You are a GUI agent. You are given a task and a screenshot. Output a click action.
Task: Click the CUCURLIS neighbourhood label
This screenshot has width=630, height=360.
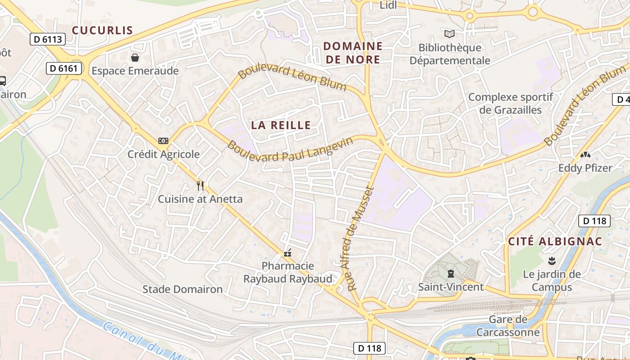click(103, 31)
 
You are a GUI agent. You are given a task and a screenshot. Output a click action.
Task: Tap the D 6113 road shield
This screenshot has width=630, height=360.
click(48, 39)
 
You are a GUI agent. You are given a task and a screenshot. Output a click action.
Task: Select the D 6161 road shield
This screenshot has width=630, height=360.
click(64, 68)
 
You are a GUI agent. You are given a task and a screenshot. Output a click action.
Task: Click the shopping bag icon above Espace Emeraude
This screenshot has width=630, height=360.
click(135, 58)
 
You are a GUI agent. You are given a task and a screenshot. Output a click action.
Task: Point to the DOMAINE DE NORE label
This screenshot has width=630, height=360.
click(353, 53)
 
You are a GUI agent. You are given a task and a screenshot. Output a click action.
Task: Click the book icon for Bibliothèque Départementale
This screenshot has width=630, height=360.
click(449, 34)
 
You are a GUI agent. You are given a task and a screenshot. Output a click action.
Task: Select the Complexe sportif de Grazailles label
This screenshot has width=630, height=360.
click(510, 103)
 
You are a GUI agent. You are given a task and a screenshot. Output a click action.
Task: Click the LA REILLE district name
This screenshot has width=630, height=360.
click(281, 126)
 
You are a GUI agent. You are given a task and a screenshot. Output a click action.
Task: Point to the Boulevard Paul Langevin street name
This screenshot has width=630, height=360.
click(290, 151)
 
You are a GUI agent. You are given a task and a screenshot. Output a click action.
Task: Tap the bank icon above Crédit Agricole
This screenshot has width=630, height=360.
click(163, 141)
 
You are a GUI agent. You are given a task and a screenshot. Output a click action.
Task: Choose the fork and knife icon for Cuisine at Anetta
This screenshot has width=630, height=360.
click(200, 185)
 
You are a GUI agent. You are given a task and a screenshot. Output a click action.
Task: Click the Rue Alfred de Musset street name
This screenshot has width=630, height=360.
click(361, 238)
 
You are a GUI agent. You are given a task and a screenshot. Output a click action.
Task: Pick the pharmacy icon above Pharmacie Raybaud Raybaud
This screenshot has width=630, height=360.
click(288, 253)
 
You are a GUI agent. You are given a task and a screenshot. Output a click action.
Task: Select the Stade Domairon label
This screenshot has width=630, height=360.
click(182, 289)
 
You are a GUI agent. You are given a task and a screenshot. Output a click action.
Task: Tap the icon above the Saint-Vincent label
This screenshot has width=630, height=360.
click(450, 273)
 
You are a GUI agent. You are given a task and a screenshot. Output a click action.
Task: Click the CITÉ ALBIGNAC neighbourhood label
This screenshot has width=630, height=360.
click(555, 241)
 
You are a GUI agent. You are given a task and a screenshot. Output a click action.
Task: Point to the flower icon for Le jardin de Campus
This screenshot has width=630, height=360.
click(551, 261)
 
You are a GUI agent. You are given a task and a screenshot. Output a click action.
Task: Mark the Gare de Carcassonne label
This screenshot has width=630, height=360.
click(508, 326)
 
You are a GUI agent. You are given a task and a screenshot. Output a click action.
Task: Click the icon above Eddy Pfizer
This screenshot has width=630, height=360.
click(585, 155)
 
